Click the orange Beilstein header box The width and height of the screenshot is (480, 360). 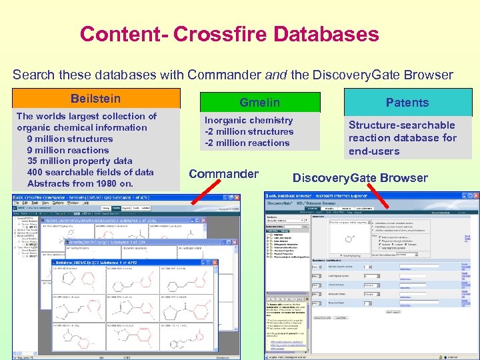click(x=96, y=99)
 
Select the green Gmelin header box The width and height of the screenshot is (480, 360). click(x=261, y=102)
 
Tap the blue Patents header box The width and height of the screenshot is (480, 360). click(x=407, y=102)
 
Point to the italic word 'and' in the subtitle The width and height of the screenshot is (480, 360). click(x=275, y=75)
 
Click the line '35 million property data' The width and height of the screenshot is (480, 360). click(x=79, y=161)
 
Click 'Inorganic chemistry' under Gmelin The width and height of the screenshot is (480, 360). click(x=249, y=120)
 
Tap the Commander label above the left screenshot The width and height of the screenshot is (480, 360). click(x=223, y=174)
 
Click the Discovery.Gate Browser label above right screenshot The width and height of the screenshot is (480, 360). click(x=360, y=178)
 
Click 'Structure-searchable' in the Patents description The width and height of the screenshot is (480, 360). click(x=402, y=125)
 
